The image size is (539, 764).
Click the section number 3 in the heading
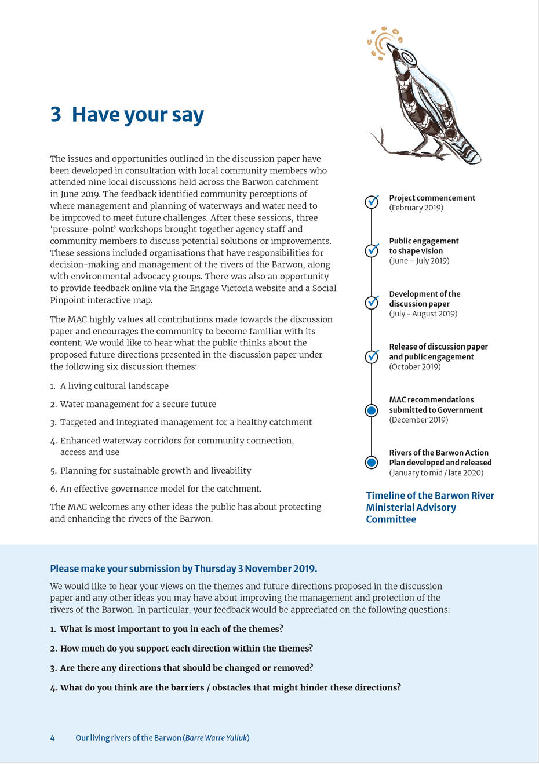tap(56, 115)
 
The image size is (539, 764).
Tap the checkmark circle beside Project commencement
tap(372, 202)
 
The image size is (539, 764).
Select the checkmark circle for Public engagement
tap(372, 250)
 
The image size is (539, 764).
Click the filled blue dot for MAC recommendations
tap(372, 410)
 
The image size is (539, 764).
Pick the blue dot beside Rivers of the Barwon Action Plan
tap(372, 463)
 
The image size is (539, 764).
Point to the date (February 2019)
tap(416, 208)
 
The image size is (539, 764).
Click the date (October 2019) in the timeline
tap(415, 367)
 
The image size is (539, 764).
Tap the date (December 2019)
tap(418, 420)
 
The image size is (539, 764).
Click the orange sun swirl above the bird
tap(382, 42)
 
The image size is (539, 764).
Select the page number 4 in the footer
tap(52, 738)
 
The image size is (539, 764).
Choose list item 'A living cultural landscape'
tap(114, 386)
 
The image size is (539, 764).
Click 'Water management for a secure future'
tap(138, 404)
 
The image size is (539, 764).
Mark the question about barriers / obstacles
tap(230, 687)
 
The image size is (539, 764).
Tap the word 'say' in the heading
tap(187, 115)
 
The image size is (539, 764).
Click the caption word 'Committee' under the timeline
tap(391, 519)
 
